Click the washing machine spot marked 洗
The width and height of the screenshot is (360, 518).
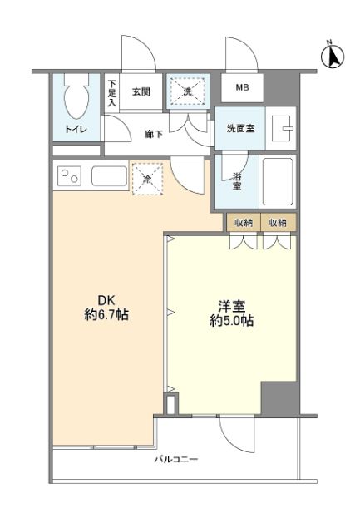click(187, 91)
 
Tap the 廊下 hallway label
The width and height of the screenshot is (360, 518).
click(154, 134)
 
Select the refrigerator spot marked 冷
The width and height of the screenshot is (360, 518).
click(146, 179)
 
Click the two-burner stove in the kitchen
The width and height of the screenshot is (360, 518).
click(69, 176)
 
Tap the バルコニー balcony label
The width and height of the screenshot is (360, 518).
click(175, 460)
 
